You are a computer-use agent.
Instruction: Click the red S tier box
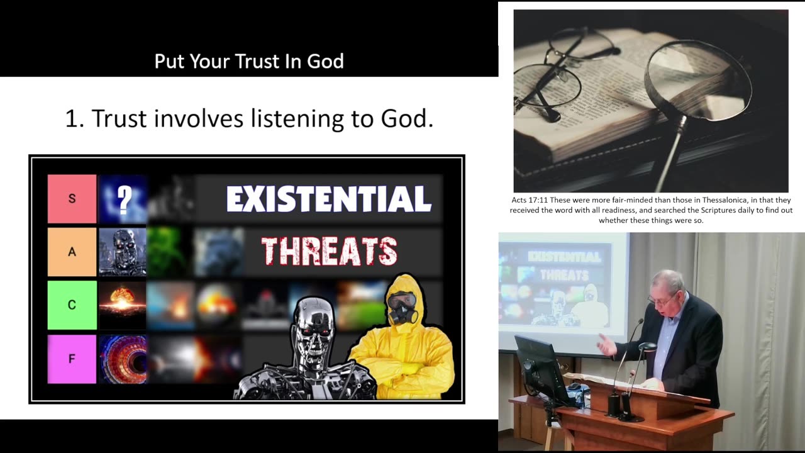tap(72, 199)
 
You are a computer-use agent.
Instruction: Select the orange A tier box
tap(72, 252)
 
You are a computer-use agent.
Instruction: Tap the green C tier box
tap(72, 305)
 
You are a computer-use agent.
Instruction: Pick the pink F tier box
tap(72, 359)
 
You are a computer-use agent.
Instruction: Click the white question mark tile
tap(123, 199)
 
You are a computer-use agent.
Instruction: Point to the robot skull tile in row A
tap(123, 252)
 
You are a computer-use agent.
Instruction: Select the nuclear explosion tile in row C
tap(123, 305)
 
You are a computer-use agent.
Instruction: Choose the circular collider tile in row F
tap(123, 359)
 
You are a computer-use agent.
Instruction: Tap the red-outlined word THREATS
tap(329, 252)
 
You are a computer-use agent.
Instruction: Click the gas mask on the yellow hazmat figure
tap(401, 308)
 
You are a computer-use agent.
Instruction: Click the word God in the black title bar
tap(325, 61)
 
